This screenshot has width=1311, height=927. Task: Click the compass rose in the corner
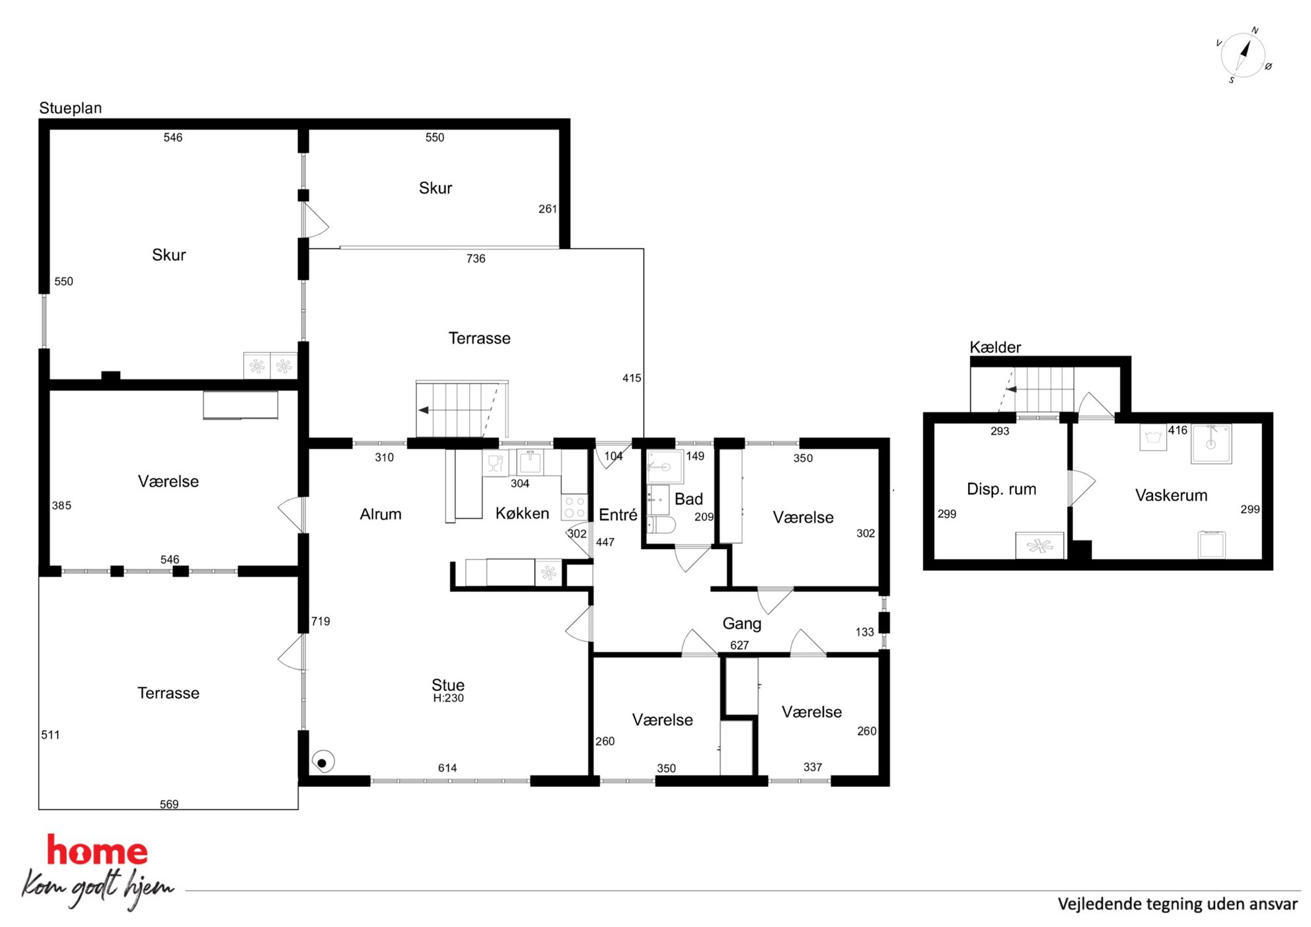(x=1243, y=56)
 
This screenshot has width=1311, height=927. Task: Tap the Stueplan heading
(x=71, y=108)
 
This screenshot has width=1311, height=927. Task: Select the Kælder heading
(x=995, y=347)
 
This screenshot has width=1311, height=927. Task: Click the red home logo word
(x=97, y=850)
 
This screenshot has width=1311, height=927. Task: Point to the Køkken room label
(x=522, y=513)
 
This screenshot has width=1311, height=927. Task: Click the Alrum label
(x=381, y=514)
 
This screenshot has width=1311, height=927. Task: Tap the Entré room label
(x=618, y=515)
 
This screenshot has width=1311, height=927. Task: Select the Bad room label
(x=689, y=499)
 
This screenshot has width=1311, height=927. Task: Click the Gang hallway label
(x=742, y=624)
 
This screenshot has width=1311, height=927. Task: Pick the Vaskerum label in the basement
(x=1171, y=495)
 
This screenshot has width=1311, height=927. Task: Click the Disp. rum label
(x=1001, y=489)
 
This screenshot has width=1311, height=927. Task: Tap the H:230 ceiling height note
(x=449, y=698)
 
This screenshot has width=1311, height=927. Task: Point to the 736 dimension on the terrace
(x=476, y=258)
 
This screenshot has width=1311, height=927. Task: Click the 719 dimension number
(x=320, y=621)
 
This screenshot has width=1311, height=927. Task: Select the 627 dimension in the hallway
(x=739, y=645)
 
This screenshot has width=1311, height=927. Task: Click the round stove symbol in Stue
(x=322, y=762)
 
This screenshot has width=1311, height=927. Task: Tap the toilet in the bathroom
(x=661, y=525)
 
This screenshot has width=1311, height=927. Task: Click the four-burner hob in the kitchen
(x=574, y=507)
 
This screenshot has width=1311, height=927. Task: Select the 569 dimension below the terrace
(x=169, y=804)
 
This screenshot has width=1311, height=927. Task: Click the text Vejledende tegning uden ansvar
(x=1178, y=904)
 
